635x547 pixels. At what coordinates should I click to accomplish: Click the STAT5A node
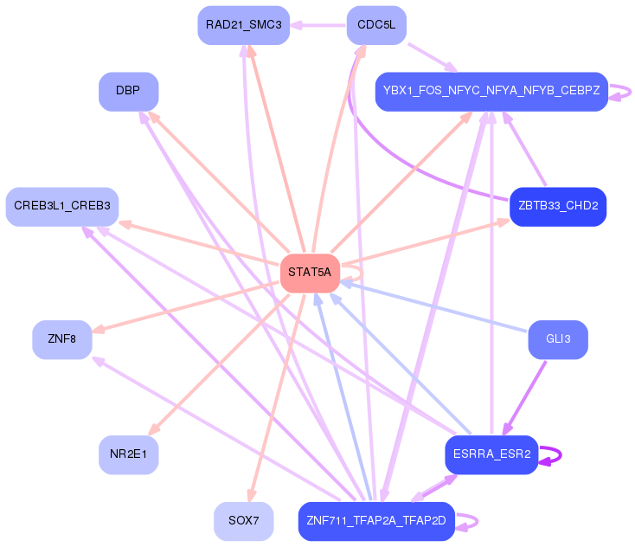coord(310,273)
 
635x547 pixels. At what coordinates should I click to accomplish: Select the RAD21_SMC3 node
coord(244,25)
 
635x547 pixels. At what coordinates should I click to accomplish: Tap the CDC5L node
coord(376,25)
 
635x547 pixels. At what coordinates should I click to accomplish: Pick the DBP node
coord(128,91)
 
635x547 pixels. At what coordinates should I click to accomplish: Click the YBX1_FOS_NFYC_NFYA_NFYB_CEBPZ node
coord(491,91)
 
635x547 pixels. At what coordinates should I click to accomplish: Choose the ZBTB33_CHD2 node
coord(558,207)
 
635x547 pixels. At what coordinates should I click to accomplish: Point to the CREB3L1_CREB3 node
coord(62,206)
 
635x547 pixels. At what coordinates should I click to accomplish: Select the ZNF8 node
coord(62,339)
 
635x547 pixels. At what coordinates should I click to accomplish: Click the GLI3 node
coord(558,339)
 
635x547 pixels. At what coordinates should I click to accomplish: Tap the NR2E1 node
coord(128,454)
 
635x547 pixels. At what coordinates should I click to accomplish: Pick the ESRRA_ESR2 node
coord(491,454)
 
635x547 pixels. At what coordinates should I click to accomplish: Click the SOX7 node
coord(244,521)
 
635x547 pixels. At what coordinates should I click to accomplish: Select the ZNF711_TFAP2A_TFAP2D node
coord(376,521)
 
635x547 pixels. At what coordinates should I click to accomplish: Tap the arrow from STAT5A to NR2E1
coord(220,364)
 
